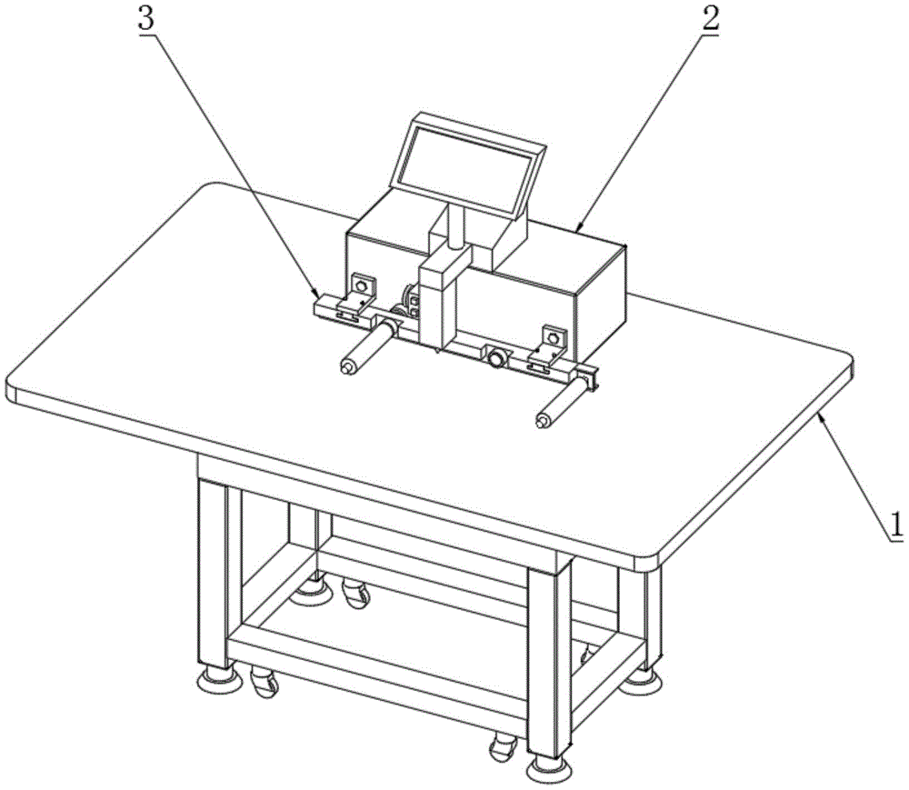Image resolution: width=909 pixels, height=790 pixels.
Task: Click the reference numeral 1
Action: coord(895,524)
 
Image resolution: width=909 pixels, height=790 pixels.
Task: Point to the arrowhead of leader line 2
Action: coord(577,230)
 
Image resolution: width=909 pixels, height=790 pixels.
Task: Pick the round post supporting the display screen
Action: coord(455,227)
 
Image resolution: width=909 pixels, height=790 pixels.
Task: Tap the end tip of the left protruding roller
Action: coord(347,367)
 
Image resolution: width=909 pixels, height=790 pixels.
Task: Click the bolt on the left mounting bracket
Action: coord(363,285)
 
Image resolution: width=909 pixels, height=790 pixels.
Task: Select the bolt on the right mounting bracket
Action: coord(554,337)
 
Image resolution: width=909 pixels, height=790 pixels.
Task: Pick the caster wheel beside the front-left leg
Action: coord(265,681)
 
